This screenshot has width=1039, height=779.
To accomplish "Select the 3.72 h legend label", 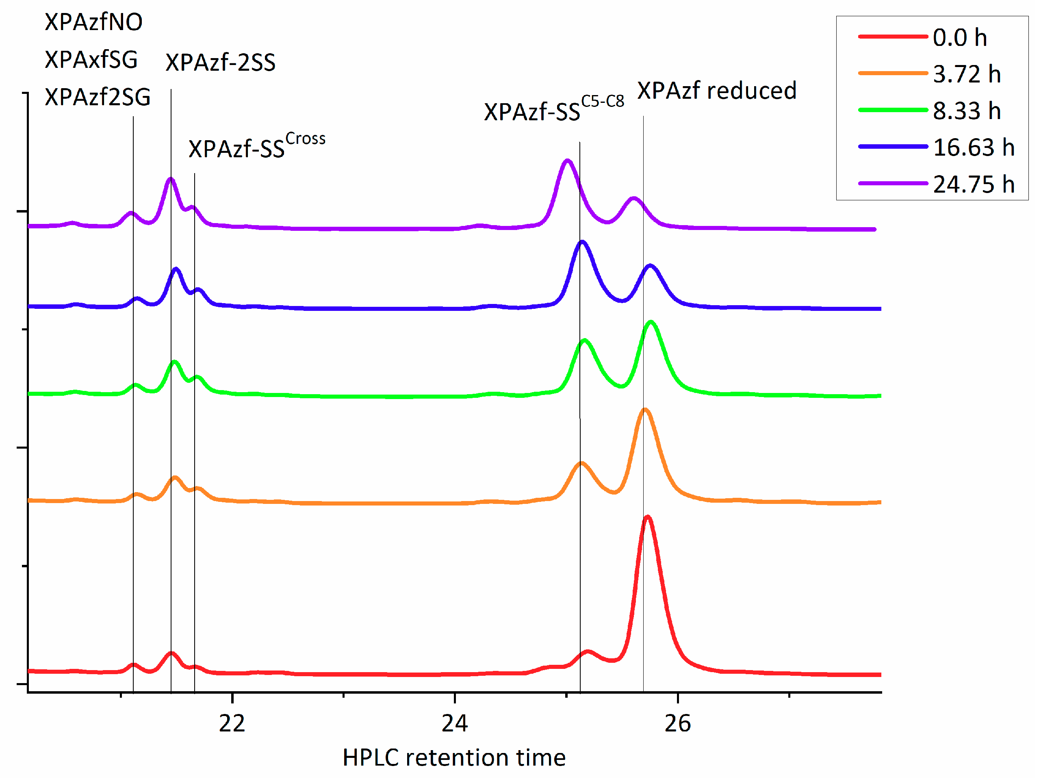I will pyautogui.click(x=966, y=74).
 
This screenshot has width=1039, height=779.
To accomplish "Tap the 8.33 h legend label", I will pyautogui.click(x=966, y=111).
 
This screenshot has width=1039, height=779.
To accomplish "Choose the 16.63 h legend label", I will pyautogui.click(x=973, y=148).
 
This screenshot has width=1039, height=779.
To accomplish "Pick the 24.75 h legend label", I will pyautogui.click(x=973, y=184).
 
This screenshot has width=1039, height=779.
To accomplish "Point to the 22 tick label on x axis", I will pyautogui.click(x=232, y=724).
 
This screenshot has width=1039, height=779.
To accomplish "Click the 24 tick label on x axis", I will pyautogui.click(x=455, y=724).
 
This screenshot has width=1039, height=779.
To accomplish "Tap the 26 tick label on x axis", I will pyautogui.click(x=677, y=724).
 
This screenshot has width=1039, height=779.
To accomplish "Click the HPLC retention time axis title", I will pyautogui.click(x=454, y=758).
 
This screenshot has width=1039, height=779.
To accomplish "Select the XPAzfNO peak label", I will pyautogui.click(x=93, y=22).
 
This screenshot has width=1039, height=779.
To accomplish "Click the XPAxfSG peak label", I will pyautogui.click(x=91, y=60).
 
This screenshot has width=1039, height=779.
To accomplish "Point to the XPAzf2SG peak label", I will pyautogui.click(x=98, y=97).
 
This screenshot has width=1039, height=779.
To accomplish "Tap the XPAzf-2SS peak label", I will pyautogui.click(x=220, y=63).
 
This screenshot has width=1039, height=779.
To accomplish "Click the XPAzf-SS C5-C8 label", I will pyautogui.click(x=554, y=109).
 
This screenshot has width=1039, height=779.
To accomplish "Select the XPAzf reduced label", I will pyautogui.click(x=717, y=91).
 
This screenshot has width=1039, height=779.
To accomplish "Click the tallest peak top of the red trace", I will pyautogui.click(x=648, y=517).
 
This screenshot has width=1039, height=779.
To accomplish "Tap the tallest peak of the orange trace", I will pyautogui.click(x=645, y=410).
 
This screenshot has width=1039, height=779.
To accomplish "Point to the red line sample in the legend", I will pyautogui.click(x=892, y=37).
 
